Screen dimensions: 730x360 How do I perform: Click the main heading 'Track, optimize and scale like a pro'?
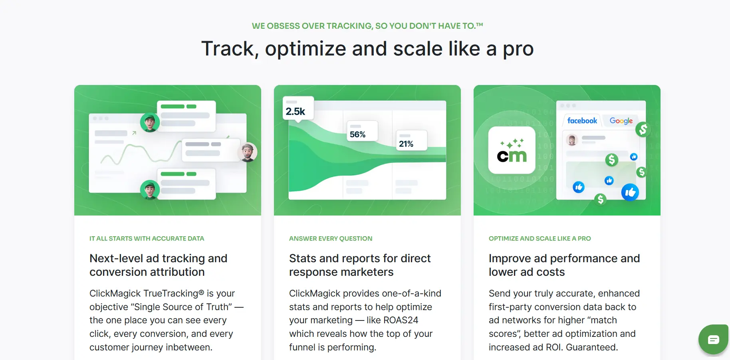pyautogui.click(x=367, y=49)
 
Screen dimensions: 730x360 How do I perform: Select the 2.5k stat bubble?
pyautogui.click(x=298, y=109)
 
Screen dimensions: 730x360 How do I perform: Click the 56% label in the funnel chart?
pyautogui.click(x=361, y=131)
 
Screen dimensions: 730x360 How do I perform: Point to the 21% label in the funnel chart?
pyautogui.click(x=411, y=140)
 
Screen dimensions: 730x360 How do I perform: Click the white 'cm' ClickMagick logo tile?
pyautogui.click(x=512, y=150)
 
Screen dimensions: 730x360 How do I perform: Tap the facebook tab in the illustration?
pyautogui.click(x=582, y=121)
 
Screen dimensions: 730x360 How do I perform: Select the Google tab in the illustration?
pyautogui.click(x=621, y=121)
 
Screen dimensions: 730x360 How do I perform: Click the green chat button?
pyautogui.click(x=714, y=340)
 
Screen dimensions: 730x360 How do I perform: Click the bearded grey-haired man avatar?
pyautogui.click(x=248, y=152)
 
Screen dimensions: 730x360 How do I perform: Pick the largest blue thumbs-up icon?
pyautogui.click(x=630, y=193)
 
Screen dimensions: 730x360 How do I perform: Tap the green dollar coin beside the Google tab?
pyautogui.click(x=643, y=129)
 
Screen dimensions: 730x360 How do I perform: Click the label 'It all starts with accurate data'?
pyautogui.click(x=147, y=239)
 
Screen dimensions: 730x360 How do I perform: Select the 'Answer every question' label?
pyautogui.click(x=331, y=239)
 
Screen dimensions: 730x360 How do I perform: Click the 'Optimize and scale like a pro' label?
pyautogui.click(x=540, y=239)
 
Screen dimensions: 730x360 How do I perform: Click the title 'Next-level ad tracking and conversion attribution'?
pyautogui.click(x=159, y=265)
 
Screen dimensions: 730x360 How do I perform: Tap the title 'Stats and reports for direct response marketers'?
pyautogui.click(x=360, y=265)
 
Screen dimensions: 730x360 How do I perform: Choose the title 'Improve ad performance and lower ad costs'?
pyautogui.click(x=564, y=265)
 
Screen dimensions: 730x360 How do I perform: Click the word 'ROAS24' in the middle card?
pyautogui.click(x=401, y=320)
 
